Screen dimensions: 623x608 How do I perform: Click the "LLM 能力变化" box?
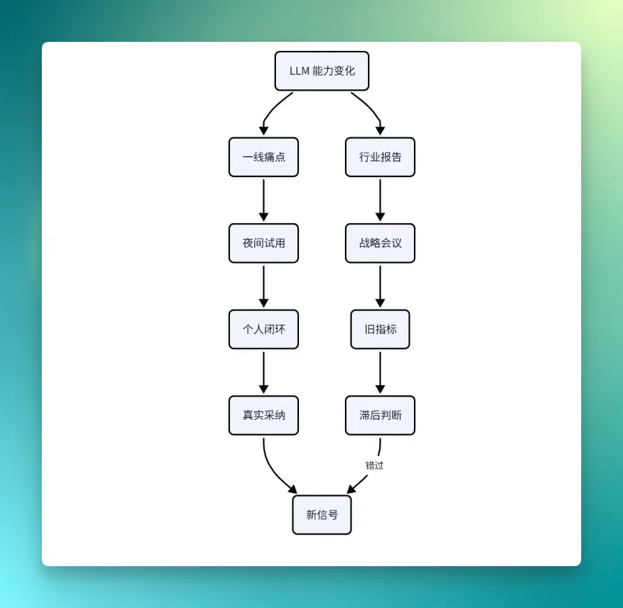(322, 71)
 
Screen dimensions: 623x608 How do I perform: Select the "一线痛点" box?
(263, 157)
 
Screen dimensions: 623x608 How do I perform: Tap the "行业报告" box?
(380, 157)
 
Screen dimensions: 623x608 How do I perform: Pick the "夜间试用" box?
(263, 243)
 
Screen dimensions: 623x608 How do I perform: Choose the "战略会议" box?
(380, 243)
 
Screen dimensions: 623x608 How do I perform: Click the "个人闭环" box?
(263, 329)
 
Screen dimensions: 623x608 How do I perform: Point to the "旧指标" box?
(380, 329)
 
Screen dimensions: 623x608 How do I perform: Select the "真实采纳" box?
(263, 415)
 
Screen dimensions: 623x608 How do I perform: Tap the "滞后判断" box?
(380, 415)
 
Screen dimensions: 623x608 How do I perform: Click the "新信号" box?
(322, 515)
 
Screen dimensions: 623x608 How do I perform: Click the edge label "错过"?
(374, 465)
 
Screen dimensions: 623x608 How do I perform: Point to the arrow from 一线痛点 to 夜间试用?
(263, 200)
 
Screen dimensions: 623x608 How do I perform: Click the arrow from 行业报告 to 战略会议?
(380, 200)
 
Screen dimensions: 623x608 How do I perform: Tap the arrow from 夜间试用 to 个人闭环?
(263, 287)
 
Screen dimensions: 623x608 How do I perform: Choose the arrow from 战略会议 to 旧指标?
(380, 287)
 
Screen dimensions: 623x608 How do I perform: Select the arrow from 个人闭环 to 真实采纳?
(263, 372)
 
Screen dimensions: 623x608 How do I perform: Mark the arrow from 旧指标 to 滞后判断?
(380, 372)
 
